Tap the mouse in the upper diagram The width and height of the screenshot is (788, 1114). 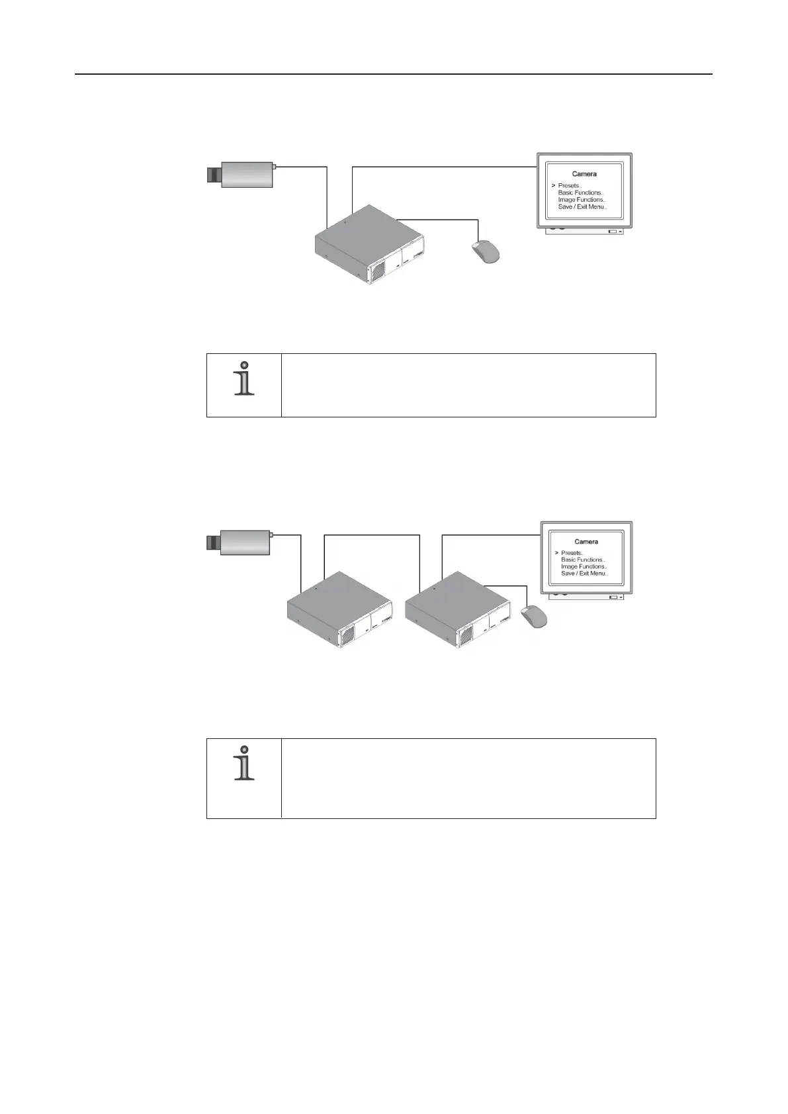[486, 251]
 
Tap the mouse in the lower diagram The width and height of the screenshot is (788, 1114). [534, 617]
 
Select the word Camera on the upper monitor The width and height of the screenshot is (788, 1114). [584, 174]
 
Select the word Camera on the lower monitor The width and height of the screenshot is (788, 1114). [586, 542]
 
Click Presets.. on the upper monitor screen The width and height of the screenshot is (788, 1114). [570, 186]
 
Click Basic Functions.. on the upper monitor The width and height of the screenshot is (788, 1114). [581, 193]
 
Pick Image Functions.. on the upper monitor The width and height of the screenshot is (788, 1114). [582, 200]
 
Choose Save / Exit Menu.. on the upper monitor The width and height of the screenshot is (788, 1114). [582, 207]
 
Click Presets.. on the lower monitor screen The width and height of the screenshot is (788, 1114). [572, 553]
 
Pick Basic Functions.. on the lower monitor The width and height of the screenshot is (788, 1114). [583, 560]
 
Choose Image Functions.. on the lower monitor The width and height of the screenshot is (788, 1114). [584, 567]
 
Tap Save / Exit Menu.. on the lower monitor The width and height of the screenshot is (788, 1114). [584, 574]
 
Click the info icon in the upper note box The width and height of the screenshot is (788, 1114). [245, 379]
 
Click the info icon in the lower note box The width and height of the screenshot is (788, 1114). [245, 763]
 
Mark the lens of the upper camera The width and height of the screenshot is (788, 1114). [213, 175]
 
